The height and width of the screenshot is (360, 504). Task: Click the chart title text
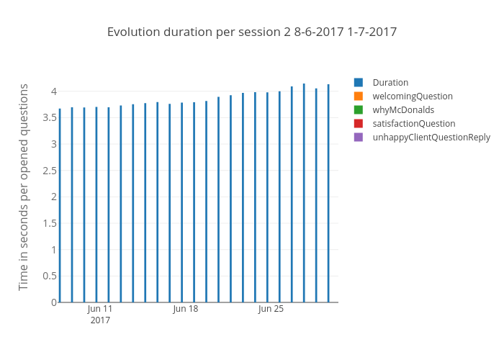tap(252, 32)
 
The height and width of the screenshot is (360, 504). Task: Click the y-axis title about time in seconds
tap(24, 187)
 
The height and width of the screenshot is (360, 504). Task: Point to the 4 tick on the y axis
tap(53, 91)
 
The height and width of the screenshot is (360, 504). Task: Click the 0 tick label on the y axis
tap(53, 302)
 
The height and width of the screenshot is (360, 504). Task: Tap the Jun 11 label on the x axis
tap(100, 309)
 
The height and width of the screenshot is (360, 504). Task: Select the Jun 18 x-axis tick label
tap(185, 309)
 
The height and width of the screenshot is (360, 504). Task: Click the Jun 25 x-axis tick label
tap(271, 309)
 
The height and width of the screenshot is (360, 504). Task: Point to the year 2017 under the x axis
tap(100, 320)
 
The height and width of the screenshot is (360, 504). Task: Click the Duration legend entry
tap(390, 82)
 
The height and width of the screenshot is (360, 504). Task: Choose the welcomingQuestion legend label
tap(413, 96)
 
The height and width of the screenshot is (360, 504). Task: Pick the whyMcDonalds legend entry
tap(403, 109)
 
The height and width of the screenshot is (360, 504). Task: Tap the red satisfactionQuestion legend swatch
tap(359, 123)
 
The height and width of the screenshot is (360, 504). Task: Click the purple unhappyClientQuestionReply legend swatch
tap(359, 137)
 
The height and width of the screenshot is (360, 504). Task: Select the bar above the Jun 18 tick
tap(182, 202)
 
